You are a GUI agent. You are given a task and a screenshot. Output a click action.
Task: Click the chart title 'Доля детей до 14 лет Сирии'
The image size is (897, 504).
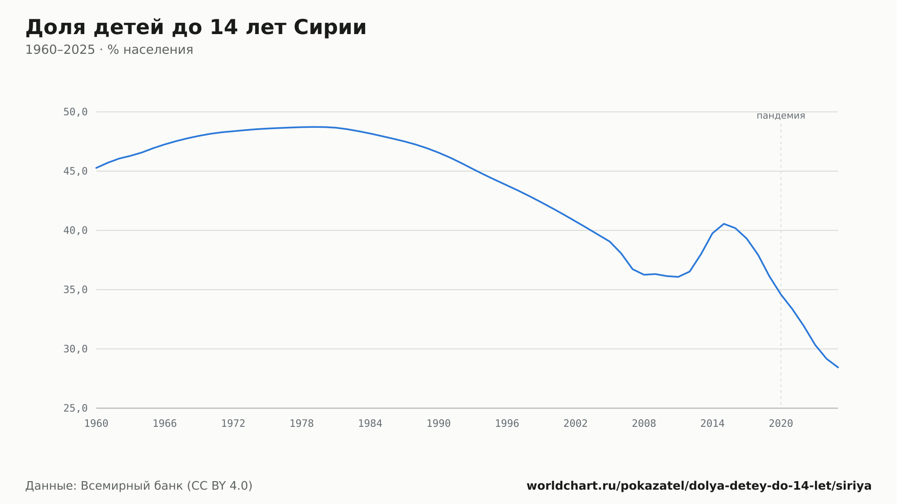196,27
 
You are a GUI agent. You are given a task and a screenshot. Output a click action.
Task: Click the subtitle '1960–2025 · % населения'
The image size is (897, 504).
109,50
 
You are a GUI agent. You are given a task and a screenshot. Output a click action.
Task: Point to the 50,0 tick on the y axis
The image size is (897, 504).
75,112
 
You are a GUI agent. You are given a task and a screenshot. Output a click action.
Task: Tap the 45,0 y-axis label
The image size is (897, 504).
75,171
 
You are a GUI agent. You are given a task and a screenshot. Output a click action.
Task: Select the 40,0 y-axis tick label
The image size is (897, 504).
75,230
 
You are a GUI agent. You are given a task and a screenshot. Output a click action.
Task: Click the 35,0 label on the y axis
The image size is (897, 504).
75,290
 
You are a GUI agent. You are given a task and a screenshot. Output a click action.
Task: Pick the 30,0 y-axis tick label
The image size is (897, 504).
75,349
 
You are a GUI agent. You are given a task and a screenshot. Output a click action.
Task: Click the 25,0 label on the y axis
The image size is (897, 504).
75,408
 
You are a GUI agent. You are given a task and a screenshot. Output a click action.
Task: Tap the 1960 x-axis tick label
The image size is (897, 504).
96,424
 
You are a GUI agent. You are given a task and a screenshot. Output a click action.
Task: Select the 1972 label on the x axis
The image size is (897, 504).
233,424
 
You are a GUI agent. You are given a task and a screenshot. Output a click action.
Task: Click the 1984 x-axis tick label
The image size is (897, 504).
370,424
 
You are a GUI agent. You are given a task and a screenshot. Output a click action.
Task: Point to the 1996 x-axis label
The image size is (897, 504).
507,424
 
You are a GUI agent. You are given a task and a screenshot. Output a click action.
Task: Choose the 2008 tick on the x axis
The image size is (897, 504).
644,424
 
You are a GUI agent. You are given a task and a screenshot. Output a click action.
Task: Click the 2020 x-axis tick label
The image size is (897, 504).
781,424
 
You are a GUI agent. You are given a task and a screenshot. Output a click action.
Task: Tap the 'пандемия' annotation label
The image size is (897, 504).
781,116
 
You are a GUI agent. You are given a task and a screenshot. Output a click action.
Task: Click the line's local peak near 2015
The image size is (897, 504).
724,224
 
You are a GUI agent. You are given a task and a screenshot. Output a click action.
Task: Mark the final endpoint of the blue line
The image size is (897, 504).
838,367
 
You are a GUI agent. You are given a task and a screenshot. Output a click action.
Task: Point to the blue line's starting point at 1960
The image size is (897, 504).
96,168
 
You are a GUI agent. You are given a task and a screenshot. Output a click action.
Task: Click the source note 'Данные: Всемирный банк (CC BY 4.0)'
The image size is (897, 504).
139,486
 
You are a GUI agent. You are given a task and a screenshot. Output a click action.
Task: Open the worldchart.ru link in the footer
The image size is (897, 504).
699,486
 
